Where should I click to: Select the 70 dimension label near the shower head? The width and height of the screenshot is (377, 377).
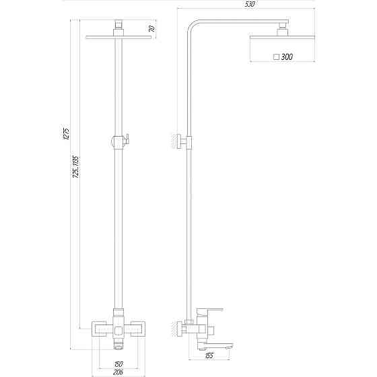[x=153, y=29]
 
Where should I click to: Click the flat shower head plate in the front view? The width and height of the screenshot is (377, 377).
[x=119, y=37]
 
